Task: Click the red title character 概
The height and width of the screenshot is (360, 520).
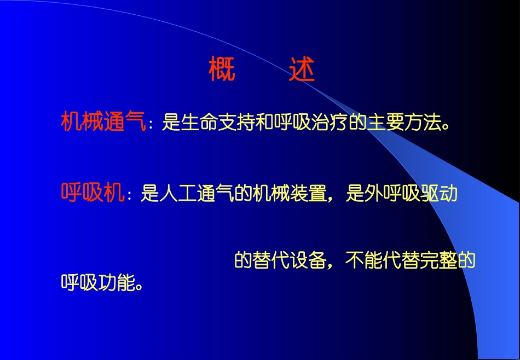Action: (x=222, y=69)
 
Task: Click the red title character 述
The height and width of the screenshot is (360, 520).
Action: (x=302, y=69)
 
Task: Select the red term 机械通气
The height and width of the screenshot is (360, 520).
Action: (x=103, y=121)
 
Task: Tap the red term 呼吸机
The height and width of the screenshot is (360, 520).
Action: (x=93, y=193)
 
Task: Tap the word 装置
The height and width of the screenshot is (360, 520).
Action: (x=308, y=194)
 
